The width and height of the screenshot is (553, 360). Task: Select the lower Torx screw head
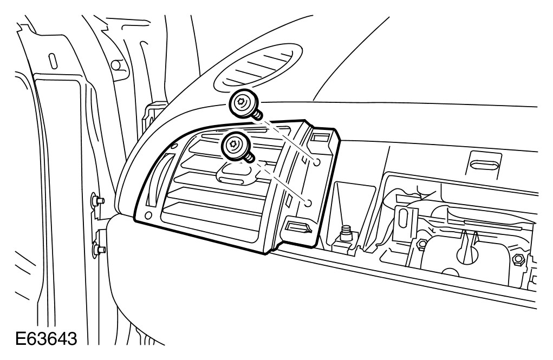point(233,145)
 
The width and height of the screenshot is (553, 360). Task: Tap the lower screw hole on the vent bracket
point(308,204)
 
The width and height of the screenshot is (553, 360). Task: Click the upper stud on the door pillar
point(98,201)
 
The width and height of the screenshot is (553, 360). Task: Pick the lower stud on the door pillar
point(98,250)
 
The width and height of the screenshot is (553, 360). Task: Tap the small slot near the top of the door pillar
point(53,61)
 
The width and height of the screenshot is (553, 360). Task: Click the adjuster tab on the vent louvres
point(233,172)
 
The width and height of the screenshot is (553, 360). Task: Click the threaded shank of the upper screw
point(257,114)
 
